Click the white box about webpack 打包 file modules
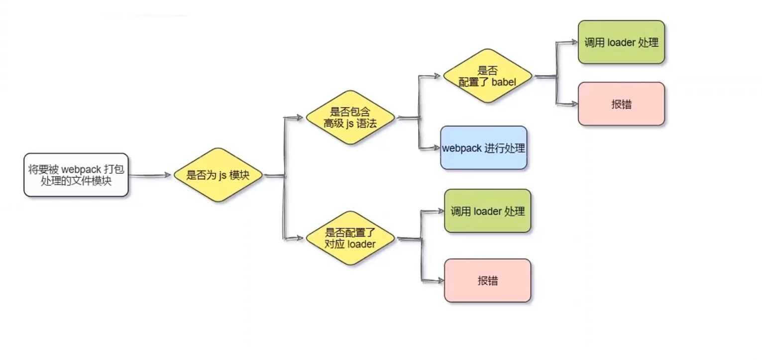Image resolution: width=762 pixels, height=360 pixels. point(76,175)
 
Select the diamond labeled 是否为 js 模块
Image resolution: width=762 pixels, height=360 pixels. point(218,175)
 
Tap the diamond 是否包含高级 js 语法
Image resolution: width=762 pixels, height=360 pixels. point(350,118)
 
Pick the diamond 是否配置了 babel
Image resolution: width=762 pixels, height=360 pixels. point(487,76)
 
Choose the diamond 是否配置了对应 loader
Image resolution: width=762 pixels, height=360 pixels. point(350,238)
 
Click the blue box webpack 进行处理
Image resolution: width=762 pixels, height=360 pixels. point(483,148)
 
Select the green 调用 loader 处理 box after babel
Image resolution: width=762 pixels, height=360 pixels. point(621,42)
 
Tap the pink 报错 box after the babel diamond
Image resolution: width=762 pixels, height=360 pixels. point(621,104)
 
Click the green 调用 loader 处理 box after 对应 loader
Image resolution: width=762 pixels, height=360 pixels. point(487,211)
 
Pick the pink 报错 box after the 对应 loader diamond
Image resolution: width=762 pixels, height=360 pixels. point(487,280)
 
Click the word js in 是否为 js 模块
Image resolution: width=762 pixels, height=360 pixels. point(222,175)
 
